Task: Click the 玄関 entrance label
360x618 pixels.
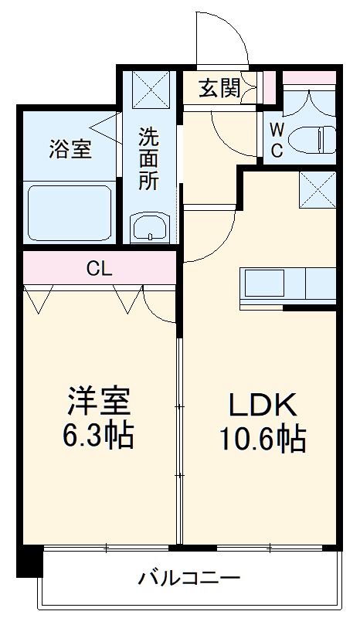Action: (x=219, y=89)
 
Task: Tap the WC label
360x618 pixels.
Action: (x=276, y=140)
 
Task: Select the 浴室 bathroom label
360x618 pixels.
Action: (x=70, y=148)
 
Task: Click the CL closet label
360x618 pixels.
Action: (x=99, y=269)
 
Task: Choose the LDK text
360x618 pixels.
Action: (x=260, y=404)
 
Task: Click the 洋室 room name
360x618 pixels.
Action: (x=98, y=401)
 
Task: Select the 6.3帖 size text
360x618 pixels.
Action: (x=98, y=436)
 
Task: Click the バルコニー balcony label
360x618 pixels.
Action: (x=189, y=577)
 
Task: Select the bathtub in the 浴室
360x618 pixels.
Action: (x=71, y=212)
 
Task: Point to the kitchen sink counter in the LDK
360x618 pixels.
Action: (x=289, y=284)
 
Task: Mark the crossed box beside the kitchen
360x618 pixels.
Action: (x=317, y=188)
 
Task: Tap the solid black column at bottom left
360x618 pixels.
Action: (x=29, y=561)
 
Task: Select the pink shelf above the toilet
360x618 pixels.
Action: (x=309, y=77)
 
